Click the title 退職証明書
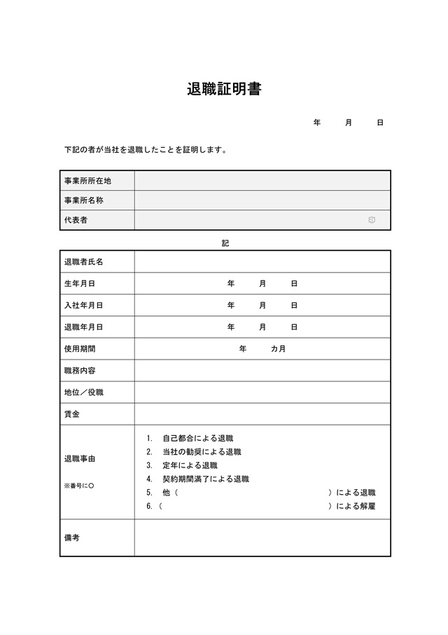point(224,90)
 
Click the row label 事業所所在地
point(87,181)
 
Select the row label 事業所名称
point(83,200)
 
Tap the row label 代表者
point(76,220)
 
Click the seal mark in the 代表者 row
point(372,220)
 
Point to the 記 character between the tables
point(225,243)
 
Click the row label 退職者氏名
point(83,262)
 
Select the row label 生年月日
point(79,284)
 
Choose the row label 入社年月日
point(83,306)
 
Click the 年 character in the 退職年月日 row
point(231,327)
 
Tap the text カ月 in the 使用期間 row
point(278,349)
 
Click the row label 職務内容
point(79,371)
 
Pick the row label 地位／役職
point(83,392)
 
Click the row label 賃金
point(71,414)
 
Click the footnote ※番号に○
point(78,486)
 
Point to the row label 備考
point(71,538)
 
